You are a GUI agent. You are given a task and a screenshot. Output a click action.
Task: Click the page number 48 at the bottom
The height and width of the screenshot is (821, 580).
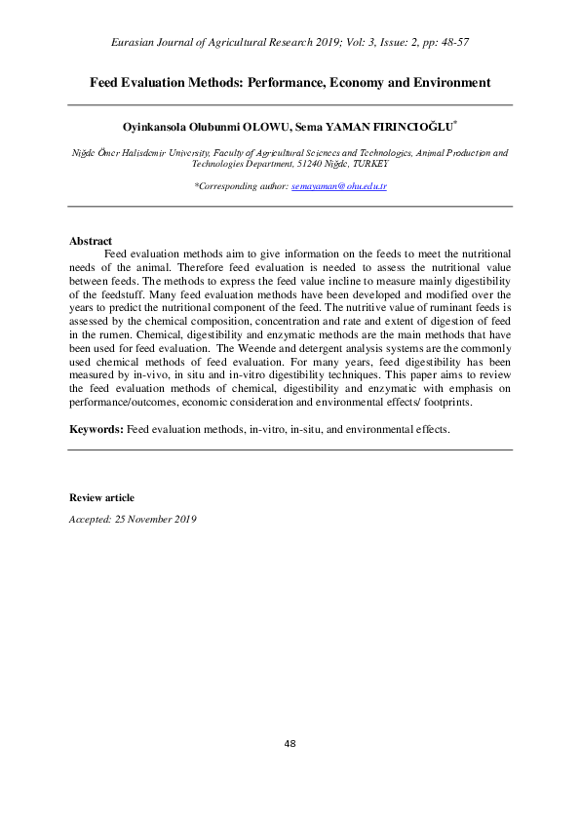(290, 744)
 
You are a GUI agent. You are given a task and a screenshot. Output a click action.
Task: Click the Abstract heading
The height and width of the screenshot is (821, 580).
(90, 241)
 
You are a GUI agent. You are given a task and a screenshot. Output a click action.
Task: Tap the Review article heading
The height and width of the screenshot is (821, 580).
(101, 498)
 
